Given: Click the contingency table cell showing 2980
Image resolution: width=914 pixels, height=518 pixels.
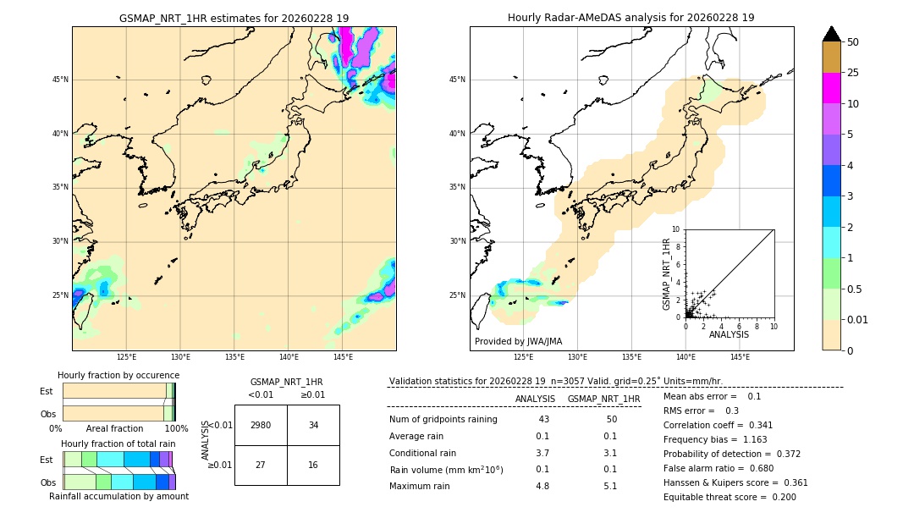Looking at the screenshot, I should pos(261,425).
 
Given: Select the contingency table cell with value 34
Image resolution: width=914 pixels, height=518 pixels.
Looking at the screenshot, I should pos(313,425).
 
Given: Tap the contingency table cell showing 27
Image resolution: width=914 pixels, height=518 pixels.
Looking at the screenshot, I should pos(261,465).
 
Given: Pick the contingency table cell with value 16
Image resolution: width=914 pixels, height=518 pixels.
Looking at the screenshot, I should pos(313,465).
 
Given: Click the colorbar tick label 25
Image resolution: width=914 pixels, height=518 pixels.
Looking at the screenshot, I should pos(853,73).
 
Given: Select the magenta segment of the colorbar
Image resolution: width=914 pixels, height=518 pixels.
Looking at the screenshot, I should pos(831,88).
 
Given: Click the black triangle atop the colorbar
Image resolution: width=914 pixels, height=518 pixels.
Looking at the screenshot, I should pos(831,34).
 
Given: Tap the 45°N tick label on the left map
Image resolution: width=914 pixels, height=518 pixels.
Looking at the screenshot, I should pos(60,80).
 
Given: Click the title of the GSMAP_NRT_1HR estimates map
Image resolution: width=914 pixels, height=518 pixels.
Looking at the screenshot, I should pos(234,18).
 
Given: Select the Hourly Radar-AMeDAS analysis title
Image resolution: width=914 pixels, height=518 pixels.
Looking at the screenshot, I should pos(630,18).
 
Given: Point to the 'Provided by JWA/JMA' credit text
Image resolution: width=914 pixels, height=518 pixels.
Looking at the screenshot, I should pos(518,342).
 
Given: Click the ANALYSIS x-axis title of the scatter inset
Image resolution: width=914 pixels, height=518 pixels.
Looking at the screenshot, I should pos(729,335).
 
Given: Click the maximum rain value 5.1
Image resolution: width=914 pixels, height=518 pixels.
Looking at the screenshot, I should pos(609,486).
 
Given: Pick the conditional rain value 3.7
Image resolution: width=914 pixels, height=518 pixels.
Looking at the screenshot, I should pos(542,453).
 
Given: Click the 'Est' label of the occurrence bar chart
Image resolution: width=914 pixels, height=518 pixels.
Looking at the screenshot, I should pos(46,391).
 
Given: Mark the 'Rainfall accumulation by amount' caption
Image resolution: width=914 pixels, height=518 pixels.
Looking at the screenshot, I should pos(118,496).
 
